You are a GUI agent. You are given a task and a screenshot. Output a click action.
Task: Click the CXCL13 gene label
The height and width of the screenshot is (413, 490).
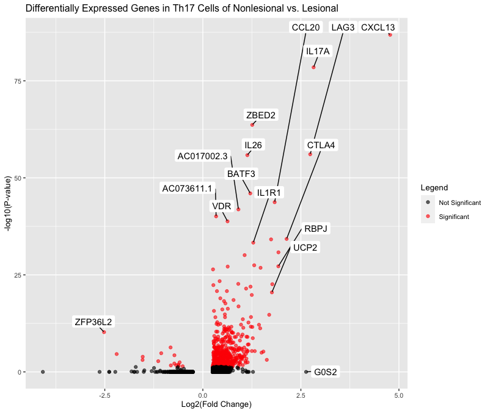(378, 27)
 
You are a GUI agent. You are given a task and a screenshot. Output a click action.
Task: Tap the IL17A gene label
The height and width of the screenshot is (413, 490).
(318, 51)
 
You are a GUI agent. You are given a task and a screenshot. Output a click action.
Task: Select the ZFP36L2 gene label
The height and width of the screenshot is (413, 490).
(93, 322)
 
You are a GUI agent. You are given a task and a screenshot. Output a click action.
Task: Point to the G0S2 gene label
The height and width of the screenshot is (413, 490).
(325, 372)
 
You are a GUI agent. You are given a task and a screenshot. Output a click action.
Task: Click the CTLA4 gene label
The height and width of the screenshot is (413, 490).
(321, 145)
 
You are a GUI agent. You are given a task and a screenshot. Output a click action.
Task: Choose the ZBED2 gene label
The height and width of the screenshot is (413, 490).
(261, 115)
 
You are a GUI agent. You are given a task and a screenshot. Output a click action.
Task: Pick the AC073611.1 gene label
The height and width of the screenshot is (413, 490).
(187, 188)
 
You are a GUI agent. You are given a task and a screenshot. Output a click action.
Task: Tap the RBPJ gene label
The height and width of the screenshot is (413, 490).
(316, 229)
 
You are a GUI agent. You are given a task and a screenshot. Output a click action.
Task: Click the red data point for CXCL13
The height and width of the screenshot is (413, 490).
(390, 35)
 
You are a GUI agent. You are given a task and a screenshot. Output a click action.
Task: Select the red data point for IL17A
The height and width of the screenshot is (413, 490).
(313, 67)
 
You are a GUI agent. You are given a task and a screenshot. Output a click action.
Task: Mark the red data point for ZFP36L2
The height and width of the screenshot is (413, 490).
(104, 332)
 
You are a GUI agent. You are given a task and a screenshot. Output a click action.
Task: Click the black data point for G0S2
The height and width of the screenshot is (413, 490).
(306, 372)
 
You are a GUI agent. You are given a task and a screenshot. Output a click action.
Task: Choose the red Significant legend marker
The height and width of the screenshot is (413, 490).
(428, 217)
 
